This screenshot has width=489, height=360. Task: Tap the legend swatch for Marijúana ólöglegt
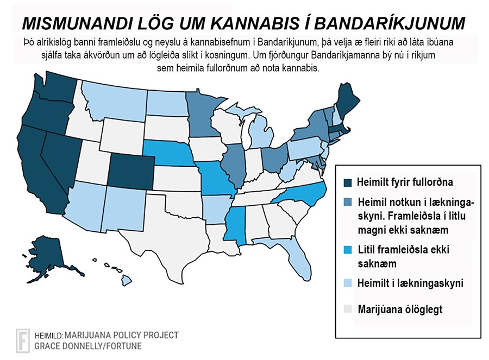[x=348, y=310]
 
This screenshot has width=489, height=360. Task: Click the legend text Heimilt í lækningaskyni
[x=411, y=283]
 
